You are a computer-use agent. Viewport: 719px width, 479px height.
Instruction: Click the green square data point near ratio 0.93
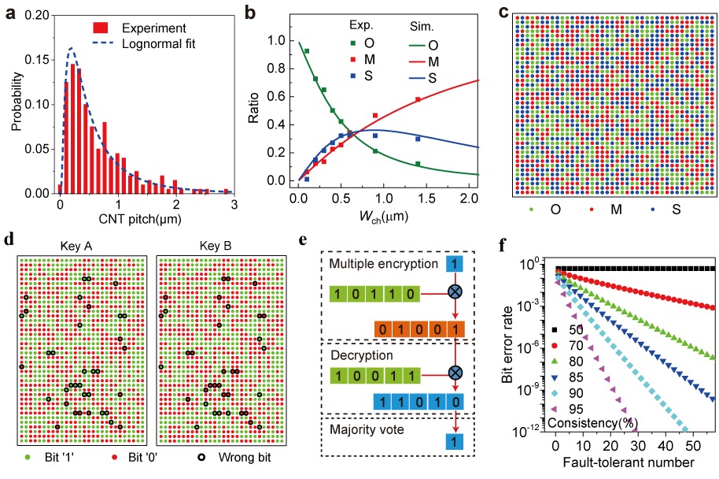click(306, 50)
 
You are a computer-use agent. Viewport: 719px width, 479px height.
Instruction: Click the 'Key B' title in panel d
click(216, 243)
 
